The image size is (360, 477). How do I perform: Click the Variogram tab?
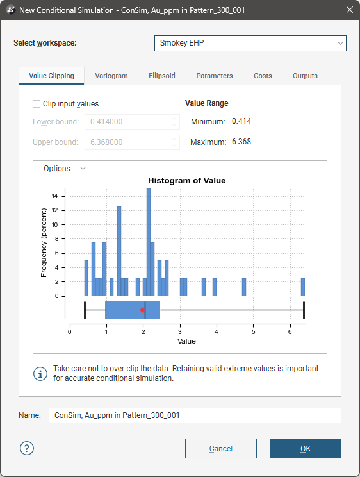click(111, 76)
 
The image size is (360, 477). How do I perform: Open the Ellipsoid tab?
click(162, 76)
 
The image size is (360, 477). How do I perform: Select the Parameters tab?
click(215, 76)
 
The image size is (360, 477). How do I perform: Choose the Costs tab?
click(263, 76)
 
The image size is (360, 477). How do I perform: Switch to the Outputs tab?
click(305, 76)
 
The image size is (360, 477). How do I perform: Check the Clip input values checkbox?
click(37, 104)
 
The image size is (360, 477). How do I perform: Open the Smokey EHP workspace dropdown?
click(250, 43)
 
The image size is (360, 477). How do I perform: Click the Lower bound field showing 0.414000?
click(132, 122)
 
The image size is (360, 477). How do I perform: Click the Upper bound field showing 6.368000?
click(132, 142)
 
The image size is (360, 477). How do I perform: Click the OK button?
click(306, 448)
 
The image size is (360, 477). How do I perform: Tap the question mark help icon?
click(27, 448)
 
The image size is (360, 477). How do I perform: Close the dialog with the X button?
click(350, 10)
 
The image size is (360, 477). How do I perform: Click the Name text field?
click(195, 415)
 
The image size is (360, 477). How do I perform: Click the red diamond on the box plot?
click(142, 310)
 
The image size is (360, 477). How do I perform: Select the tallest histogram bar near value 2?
click(149, 242)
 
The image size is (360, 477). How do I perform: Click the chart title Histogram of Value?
click(186, 180)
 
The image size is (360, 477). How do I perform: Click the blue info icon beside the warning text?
click(40, 374)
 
